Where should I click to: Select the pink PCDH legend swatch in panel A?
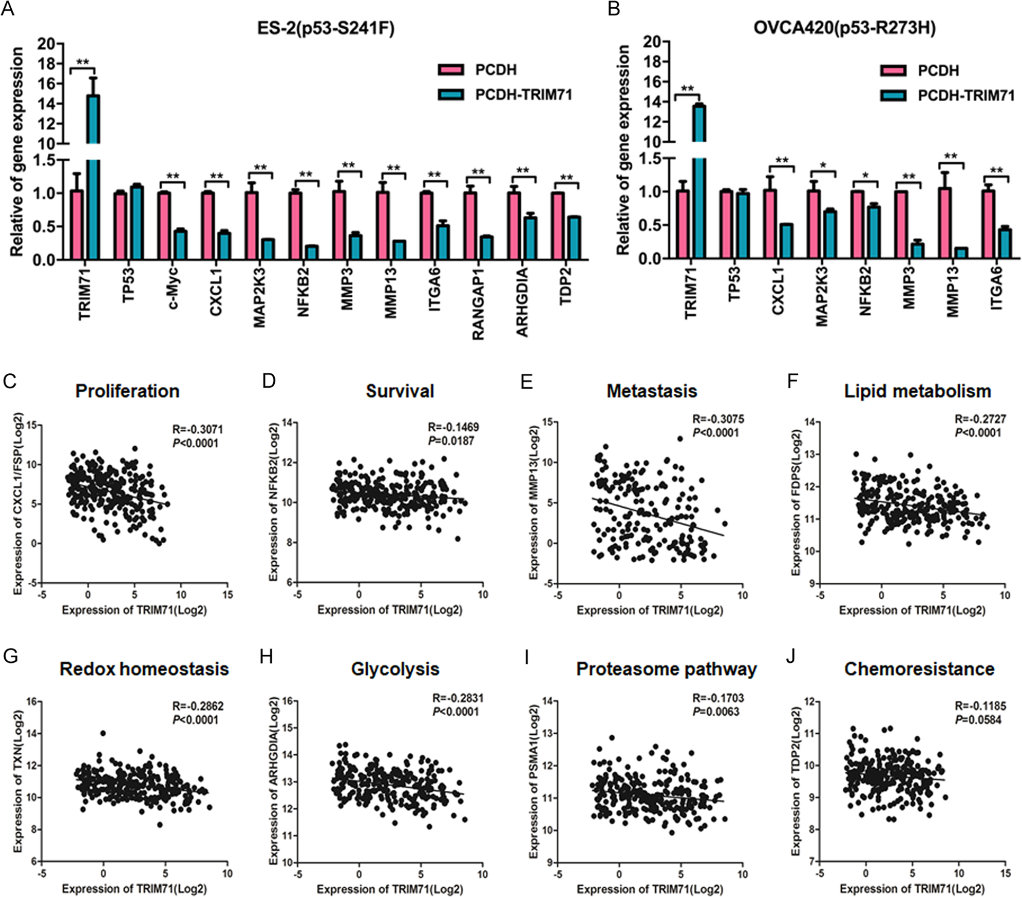click(x=450, y=70)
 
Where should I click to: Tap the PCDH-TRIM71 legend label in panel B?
click(x=966, y=96)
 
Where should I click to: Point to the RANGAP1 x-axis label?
click(x=478, y=303)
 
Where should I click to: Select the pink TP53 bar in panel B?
click(x=726, y=225)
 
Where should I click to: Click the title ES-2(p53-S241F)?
click(x=326, y=28)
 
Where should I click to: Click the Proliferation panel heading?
click(x=127, y=391)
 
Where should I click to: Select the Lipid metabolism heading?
click(x=917, y=391)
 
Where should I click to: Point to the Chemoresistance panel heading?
click(x=919, y=669)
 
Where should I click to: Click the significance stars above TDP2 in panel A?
click(x=566, y=178)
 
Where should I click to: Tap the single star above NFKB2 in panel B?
click(x=866, y=176)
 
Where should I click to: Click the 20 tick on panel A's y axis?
click(x=47, y=44)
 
